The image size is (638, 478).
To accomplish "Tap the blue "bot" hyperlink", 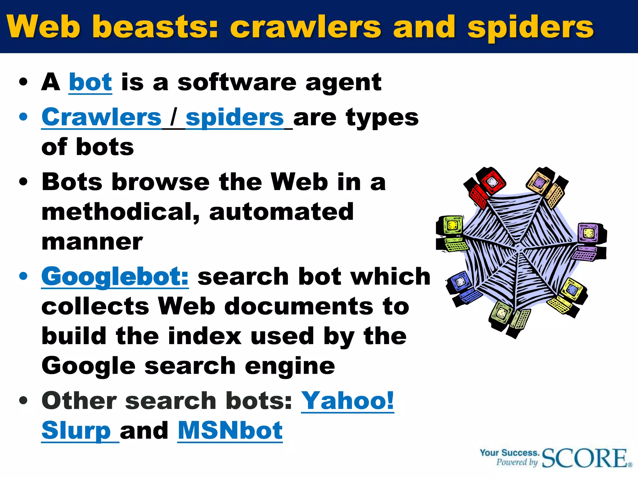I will click(x=90, y=82).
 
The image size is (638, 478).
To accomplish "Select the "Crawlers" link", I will click(x=102, y=117).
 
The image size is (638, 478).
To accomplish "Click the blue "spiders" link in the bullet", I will click(x=235, y=117).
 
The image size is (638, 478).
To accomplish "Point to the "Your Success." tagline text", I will click(x=509, y=452).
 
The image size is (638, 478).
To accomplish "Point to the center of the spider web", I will click(x=519, y=249).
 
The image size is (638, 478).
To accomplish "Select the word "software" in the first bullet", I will click(x=237, y=82).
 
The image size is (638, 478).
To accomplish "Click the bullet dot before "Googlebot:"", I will click(x=23, y=276).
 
